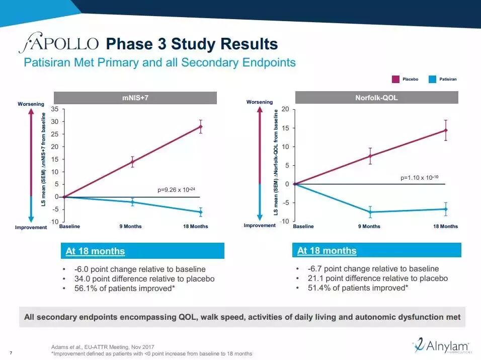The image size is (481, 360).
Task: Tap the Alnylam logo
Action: coord(441,346)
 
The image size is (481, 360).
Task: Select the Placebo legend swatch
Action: coord(395,79)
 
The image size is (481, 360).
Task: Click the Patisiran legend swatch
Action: coord(432,79)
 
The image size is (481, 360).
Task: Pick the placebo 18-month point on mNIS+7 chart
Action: coord(200,126)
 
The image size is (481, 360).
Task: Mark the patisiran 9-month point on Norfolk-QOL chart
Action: coord(370,212)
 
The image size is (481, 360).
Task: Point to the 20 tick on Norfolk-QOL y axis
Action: coord(285,109)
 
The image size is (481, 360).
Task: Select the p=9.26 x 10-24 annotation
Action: coord(177,190)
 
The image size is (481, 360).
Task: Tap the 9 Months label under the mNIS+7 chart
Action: coord(130,227)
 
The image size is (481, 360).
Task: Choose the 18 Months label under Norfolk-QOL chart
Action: coord(445,227)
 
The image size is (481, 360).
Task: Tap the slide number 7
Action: coord(11,351)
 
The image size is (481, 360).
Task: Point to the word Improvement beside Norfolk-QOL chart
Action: coord(260,226)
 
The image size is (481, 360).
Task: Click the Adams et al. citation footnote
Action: coord(103,347)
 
